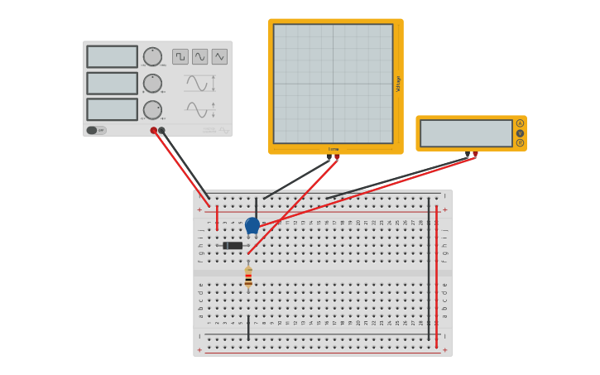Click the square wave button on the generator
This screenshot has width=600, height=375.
tap(180, 56)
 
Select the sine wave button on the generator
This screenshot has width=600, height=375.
tap(200, 56)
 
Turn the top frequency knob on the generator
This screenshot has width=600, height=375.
tap(152, 56)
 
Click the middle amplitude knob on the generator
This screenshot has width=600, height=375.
tap(152, 84)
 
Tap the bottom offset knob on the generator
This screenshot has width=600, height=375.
tap(152, 110)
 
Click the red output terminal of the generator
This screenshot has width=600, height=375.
tap(154, 130)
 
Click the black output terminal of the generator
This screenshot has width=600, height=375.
tap(161, 130)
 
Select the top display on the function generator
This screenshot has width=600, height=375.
tap(113, 56)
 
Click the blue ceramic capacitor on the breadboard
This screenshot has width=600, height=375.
tap(252, 224)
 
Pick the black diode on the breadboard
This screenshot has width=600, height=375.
tap(233, 246)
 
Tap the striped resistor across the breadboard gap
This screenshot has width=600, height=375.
tap(248, 276)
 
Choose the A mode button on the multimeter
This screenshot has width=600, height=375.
tap(520, 123)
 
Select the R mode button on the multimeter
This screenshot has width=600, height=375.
tap(520, 142)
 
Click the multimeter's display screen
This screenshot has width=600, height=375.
tap(466, 133)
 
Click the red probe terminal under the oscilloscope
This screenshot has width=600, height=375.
tap(337, 156)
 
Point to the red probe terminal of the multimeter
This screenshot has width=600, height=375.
tap(475, 154)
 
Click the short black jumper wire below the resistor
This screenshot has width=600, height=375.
tap(248, 327)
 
